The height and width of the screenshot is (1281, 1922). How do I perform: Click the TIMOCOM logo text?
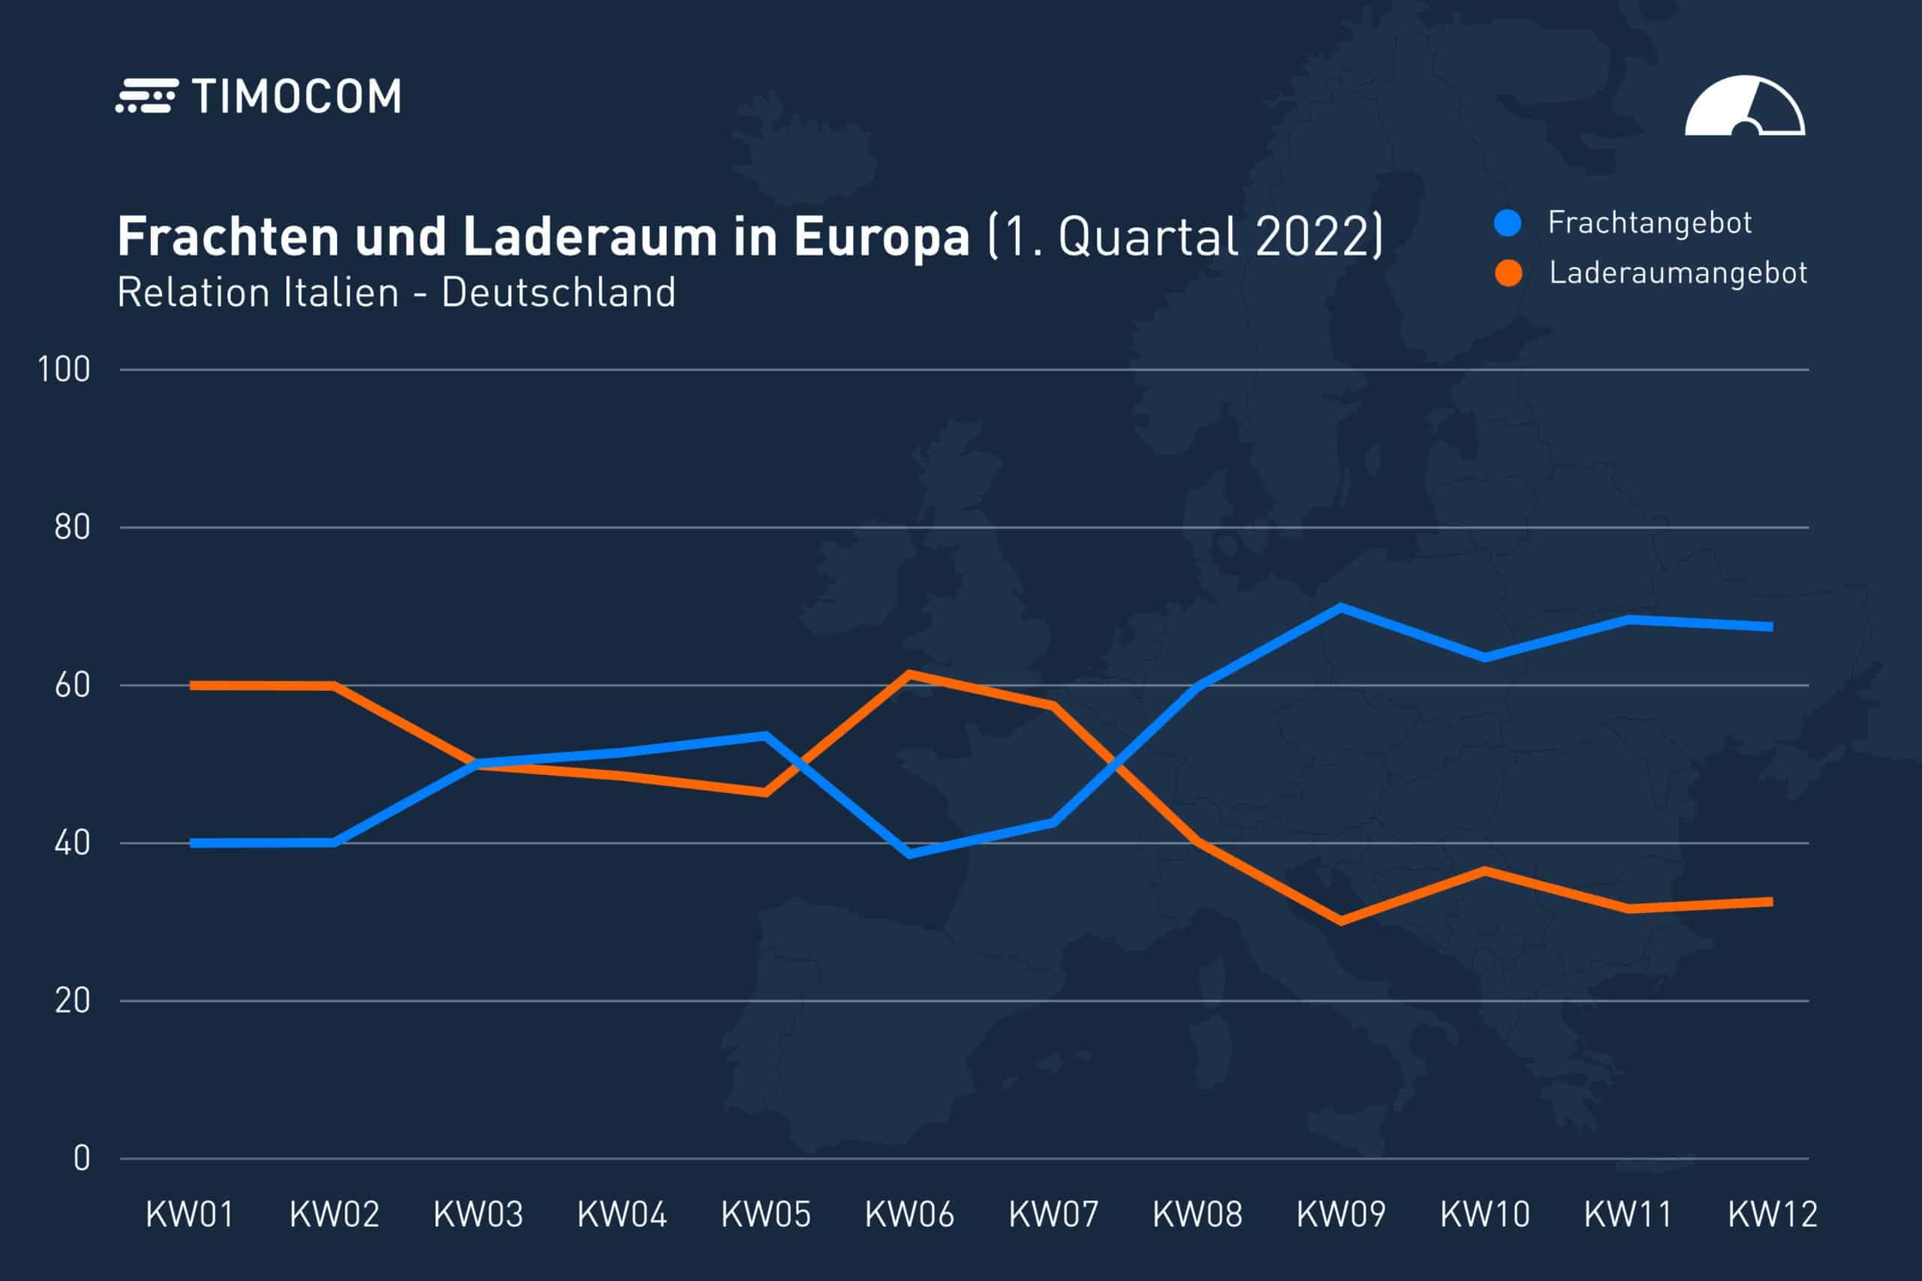296,97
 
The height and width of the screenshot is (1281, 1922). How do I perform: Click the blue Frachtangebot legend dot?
1507,223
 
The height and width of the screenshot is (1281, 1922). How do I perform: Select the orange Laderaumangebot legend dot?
1508,273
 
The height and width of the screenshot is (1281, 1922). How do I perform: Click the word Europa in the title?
881,237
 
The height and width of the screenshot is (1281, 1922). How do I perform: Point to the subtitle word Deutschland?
559,293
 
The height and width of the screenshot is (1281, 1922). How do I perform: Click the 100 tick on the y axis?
64,370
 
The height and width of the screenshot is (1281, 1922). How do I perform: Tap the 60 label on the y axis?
72,686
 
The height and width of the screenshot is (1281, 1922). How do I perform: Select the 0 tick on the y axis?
82,1159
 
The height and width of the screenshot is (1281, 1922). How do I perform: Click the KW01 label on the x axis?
190,1215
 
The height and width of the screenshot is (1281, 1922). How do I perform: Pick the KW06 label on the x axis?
909,1215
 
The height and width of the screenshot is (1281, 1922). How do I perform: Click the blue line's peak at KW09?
1341,607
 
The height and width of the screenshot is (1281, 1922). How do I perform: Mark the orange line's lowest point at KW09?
1341,921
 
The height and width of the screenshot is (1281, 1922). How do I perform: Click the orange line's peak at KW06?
909,674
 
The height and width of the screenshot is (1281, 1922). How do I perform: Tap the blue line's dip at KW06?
909,854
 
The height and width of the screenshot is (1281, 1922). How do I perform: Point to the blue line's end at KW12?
1770,627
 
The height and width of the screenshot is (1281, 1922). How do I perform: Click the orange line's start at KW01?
193,686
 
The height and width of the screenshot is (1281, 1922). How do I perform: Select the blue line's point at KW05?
765,735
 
